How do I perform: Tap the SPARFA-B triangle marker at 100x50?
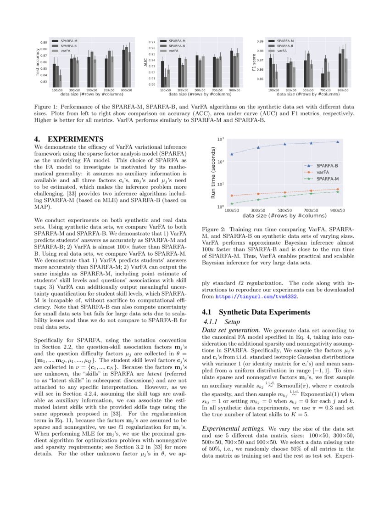[x=232, y=154]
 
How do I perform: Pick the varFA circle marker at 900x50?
[x=338, y=189]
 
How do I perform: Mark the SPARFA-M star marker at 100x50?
[x=232, y=203]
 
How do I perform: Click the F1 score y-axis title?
[x=254, y=62]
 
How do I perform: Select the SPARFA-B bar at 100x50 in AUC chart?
[x=166, y=81]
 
